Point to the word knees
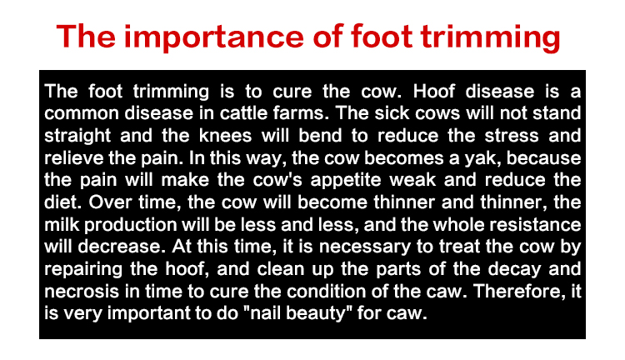coord(225,136)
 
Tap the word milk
coord(62,225)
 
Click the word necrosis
coord(82,292)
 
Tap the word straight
coord(77,137)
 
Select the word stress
coord(512,137)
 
